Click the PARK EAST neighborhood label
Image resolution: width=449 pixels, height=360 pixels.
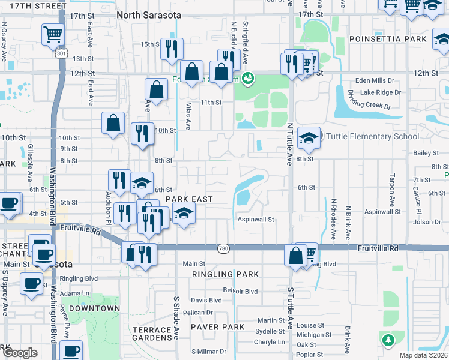click(190, 199)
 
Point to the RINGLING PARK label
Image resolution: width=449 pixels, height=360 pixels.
click(225, 274)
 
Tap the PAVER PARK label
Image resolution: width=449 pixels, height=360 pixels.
click(217, 327)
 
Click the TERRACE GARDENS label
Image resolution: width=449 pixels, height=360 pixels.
click(152, 334)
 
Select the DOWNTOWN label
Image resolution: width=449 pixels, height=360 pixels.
click(94, 308)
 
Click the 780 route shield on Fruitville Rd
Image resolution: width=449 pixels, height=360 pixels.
click(223, 248)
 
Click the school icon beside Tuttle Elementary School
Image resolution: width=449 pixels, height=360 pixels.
click(309, 138)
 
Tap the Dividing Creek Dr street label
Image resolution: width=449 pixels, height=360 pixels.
click(368, 100)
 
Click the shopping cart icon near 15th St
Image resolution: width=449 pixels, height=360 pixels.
click(53, 34)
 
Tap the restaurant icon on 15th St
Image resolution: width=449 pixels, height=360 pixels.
click(172, 48)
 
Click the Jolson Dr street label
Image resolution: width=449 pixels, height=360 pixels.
click(427, 222)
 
